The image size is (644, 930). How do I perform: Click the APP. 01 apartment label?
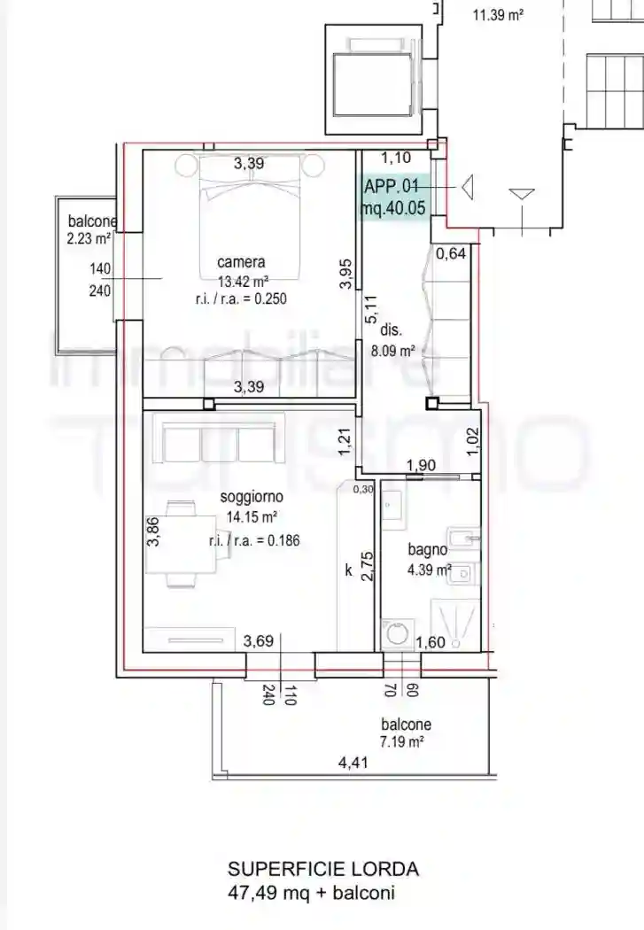[x=392, y=187]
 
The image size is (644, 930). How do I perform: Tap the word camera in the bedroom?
[x=241, y=262]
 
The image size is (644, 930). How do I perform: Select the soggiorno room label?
[x=252, y=497]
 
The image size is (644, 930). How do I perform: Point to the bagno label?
[x=428, y=550]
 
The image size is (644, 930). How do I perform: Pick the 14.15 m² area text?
[x=252, y=517]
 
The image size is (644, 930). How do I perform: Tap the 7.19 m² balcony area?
[x=401, y=741]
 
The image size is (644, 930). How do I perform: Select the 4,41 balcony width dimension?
[x=353, y=763]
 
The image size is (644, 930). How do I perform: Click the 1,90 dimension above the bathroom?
[x=421, y=466]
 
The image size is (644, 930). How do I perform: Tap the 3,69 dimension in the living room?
[x=259, y=641]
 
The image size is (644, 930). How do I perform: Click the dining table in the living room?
[x=181, y=544]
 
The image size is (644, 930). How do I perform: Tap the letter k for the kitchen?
[x=349, y=570]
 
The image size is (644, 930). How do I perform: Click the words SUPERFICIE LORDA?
[x=323, y=870]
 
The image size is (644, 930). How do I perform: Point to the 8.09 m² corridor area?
[x=393, y=351]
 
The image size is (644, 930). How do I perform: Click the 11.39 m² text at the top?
[x=498, y=15]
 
